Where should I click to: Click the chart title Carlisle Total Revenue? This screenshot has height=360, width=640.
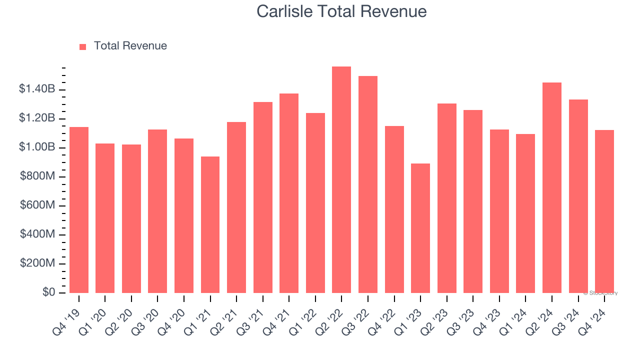click(341, 11)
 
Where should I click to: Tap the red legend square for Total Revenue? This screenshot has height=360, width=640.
click(83, 46)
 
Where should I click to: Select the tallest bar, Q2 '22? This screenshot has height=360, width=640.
click(341, 180)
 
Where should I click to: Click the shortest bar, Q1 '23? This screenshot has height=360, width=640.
click(420, 228)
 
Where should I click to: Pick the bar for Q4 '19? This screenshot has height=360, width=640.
click(79, 210)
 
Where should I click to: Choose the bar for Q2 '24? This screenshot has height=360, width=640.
click(552, 188)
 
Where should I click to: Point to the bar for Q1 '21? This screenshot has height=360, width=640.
click(210, 225)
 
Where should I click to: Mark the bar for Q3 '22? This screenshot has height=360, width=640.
click(368, 185)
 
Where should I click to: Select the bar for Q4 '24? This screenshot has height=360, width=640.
click(604, 211)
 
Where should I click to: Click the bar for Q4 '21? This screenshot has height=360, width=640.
click(289, 193)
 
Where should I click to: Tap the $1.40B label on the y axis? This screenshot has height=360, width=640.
click(37, 89)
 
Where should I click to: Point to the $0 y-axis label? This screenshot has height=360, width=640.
click(48, 292)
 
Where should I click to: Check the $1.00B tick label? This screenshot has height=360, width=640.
click(37, 147)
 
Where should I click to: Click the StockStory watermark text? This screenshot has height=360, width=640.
click(600, 293)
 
